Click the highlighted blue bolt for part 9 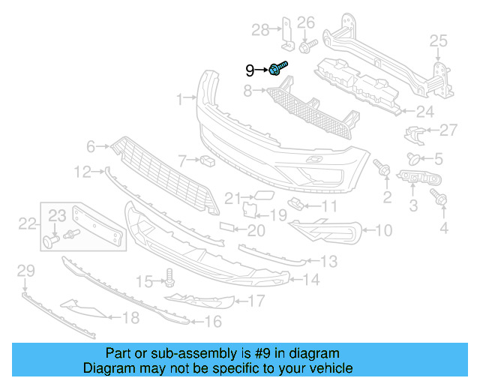pos(277,69)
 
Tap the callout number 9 pos(250,70)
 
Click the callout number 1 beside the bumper pos(180,99)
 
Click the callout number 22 pos(27,223)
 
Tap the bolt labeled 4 pos(440,198)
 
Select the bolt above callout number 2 pos(383,170)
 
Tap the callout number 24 pos(424,112)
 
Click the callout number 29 pos(25,270)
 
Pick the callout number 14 pos(310,280)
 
